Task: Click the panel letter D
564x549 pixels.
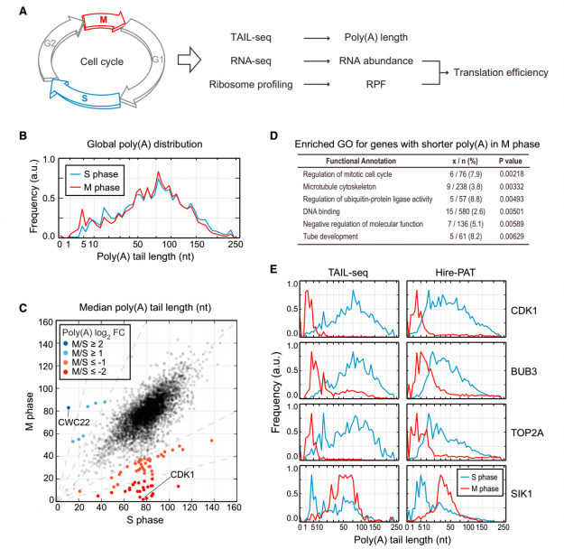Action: [273, 135]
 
